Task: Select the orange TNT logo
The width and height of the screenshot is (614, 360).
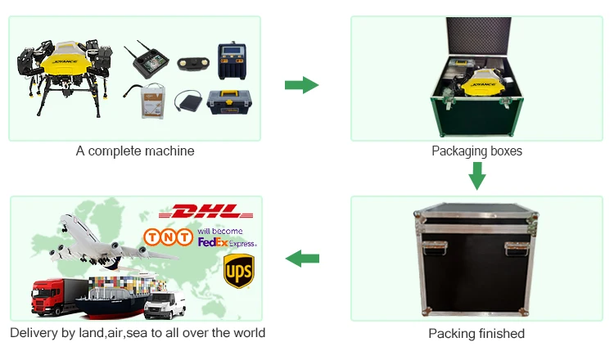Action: tap(168, 237)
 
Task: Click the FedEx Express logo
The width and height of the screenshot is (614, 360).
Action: tap(227, 242)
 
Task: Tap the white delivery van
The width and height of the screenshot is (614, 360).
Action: tap(165, 304)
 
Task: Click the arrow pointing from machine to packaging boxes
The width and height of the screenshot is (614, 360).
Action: tap(301, 84)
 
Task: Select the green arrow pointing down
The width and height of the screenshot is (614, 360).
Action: tap(476, 175)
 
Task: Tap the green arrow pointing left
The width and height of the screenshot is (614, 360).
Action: tap(301, 259)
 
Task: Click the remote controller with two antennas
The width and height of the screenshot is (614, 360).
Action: tap(148, 60)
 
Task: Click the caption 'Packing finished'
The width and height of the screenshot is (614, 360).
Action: tap(476, 333)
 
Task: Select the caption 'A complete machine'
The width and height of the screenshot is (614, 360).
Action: tap(135, 151)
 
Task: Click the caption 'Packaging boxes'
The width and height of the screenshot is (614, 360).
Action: tap(476, 151)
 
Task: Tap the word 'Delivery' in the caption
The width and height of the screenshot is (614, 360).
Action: tap(32, 333)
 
